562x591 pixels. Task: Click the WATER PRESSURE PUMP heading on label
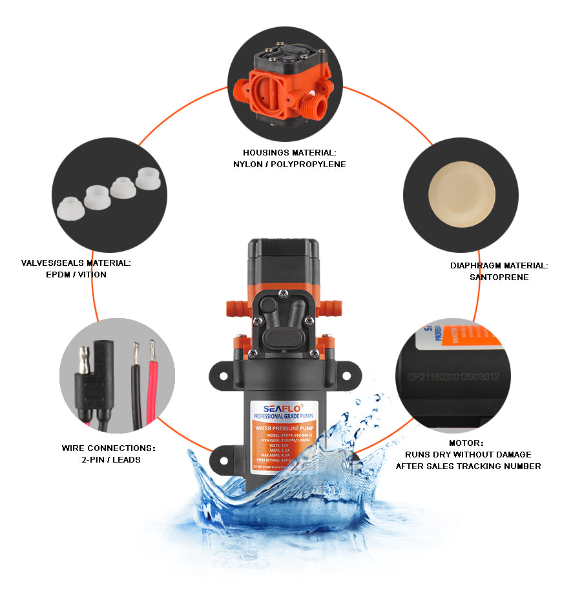coord(284,426)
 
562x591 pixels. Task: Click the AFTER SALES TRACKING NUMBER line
coord(468,466)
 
